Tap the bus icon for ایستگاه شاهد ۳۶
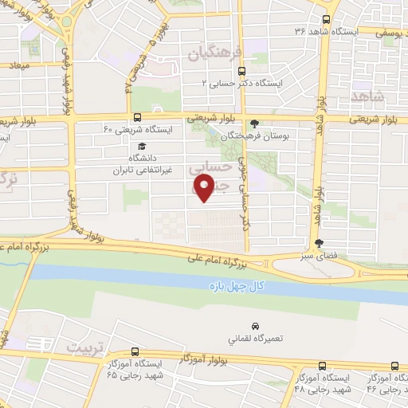[325, 21]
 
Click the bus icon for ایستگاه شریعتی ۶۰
[137, 117]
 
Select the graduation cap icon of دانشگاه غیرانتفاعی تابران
[141, 147]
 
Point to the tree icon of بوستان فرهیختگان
[254, 124]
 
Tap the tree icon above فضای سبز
[320, 243]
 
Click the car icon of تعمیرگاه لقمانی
[254, 327]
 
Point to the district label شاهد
[367, 96]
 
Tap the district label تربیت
[84, 348]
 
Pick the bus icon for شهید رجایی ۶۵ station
[134, 351]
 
